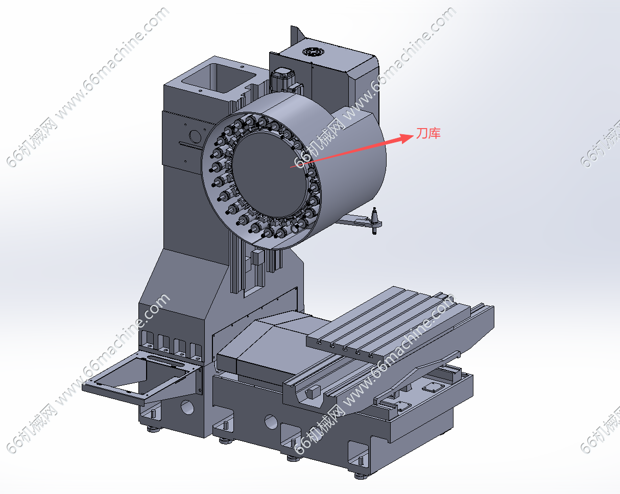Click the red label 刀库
pos(428,134)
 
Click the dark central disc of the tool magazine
pos(269,175)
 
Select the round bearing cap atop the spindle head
pos(313,52)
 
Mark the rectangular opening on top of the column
pos(219,78)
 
